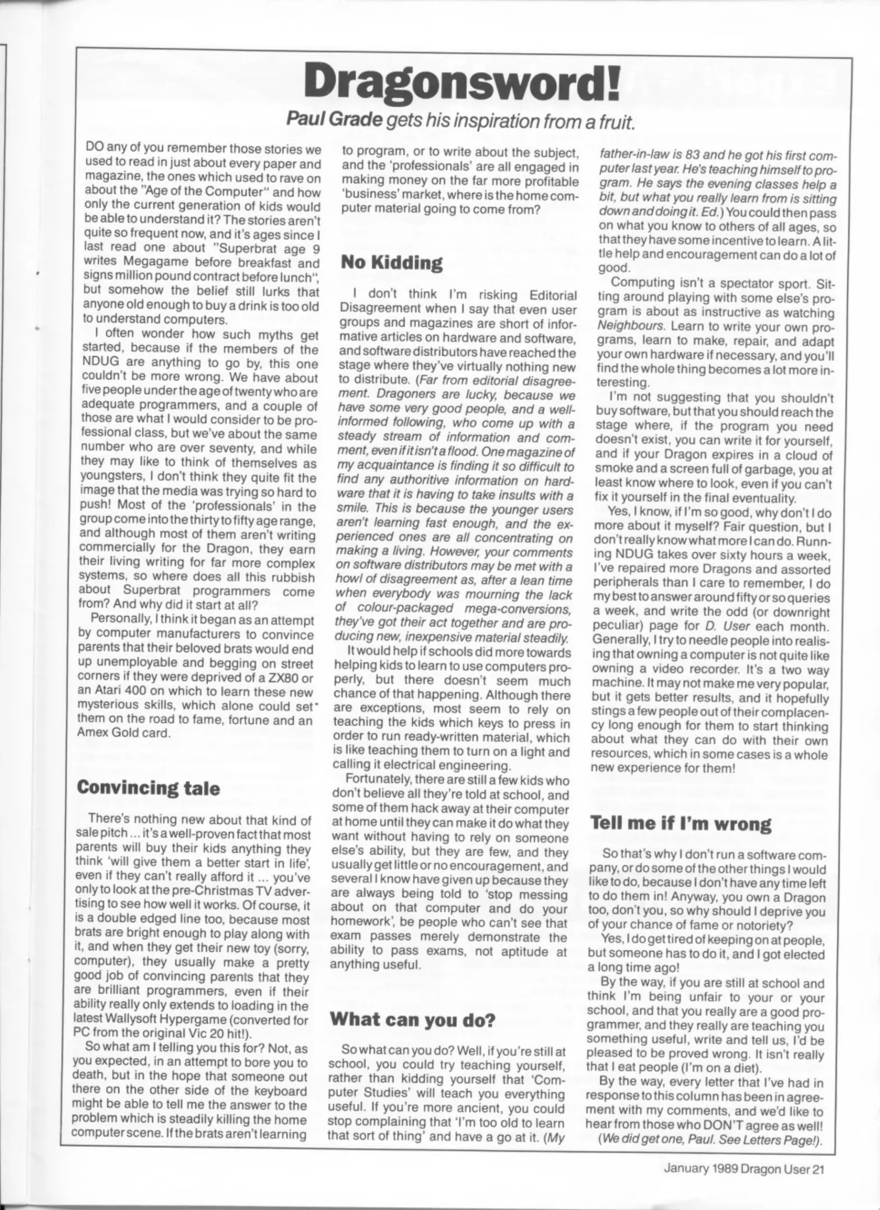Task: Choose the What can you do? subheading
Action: point(412,1018)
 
